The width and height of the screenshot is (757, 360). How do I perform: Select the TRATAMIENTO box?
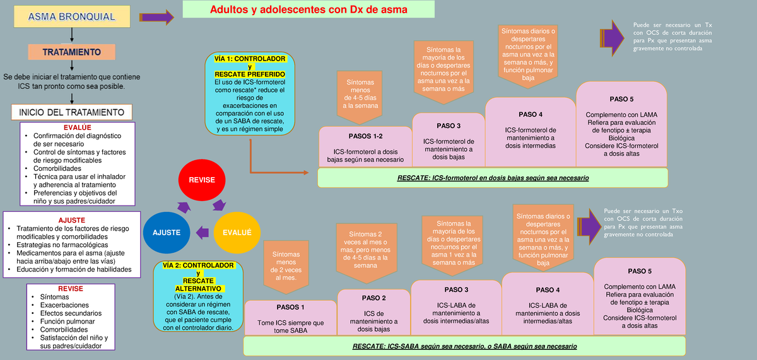71,52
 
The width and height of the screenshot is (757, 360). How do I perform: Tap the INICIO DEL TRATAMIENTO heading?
71,112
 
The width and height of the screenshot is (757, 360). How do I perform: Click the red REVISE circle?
201,180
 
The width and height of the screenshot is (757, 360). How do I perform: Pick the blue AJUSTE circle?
167,232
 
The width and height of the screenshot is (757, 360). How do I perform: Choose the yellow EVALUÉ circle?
237,232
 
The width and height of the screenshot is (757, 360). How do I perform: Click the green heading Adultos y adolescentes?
308,9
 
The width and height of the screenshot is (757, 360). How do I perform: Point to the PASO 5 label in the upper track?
621,99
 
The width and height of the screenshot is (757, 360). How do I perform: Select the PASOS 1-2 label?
365,136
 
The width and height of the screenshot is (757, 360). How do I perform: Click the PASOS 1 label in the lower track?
290,307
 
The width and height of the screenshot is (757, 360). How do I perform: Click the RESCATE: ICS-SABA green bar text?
464,347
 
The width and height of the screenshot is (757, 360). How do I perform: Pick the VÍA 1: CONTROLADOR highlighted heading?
250,59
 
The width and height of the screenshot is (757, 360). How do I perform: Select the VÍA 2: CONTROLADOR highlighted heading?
198,265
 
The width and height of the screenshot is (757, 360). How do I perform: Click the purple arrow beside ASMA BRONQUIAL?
155,17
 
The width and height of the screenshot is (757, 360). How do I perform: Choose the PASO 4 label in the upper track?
530,114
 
